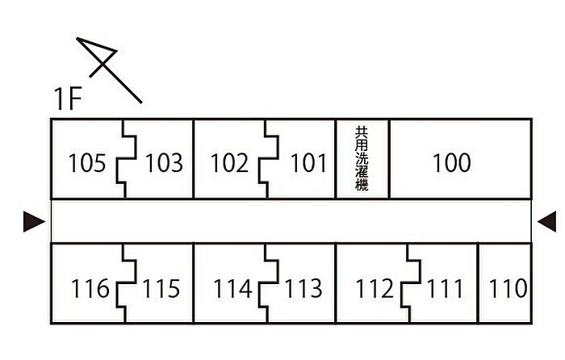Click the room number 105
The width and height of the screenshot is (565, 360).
tap(87, 164)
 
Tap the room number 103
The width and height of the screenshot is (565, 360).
tap(164, 164)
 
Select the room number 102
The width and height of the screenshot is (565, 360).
tap(229, 164)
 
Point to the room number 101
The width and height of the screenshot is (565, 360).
tap(308, 164)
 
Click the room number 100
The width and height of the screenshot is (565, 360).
tap(451, 163)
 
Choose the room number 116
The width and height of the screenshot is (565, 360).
tap(90, 288)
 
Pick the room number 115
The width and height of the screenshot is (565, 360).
tap(161, 288)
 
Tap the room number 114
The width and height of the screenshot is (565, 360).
tap(233, 288)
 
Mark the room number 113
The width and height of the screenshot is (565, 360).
tap(303, 288)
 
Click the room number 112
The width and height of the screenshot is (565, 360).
tap(375, 288)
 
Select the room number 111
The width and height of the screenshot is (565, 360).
tap(445, 288)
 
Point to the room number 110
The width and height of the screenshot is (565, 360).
tap(508, 288)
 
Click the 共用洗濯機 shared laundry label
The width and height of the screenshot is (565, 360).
tap(362, 158)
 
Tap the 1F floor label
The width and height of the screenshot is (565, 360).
tap(68, 99)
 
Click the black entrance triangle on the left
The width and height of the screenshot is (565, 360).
tap(34, 220)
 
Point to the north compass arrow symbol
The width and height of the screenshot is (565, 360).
tap(108, 68)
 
